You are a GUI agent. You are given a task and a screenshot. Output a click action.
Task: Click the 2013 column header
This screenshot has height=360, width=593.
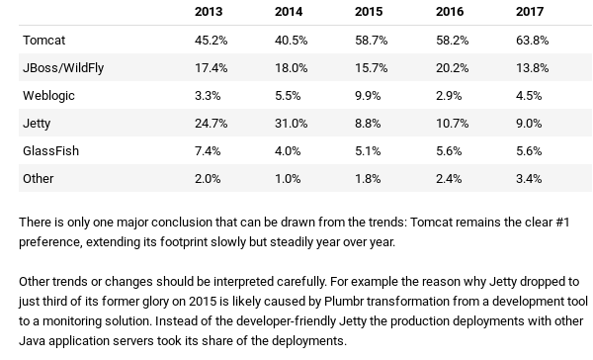pyautogui.click(x=209, y=12)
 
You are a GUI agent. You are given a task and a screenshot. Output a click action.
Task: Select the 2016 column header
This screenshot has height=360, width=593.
pyautogui.click(x=450, y=12)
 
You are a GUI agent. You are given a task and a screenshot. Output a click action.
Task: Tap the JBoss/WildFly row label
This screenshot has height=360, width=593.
pyautogui.click(x=63, y=68)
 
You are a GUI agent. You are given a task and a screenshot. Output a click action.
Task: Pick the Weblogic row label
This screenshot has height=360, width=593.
pyautogui.click(x=48, y=96)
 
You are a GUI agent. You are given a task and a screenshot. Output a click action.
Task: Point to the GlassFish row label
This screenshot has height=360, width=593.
pyautogui.click(x=50, y=151)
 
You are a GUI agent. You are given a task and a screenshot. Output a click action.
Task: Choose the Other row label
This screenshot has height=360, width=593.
pyautogui.click(x=39, y=179)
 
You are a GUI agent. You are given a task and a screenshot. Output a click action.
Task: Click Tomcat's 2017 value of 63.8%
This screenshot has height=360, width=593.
pyautogui.click(x=532, y=41)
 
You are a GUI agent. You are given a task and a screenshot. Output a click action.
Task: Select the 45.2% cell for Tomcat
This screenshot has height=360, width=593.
pyautogui.click(x=212, y=41)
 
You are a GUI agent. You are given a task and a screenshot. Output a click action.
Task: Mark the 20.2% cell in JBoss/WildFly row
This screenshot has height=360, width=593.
pyautogui.click(x=452, y=68)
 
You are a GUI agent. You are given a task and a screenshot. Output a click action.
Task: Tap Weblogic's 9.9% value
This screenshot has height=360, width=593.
pyautogui.click(x=368, y=96)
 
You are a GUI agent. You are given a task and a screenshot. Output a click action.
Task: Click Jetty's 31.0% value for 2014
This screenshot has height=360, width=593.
pyautogui.click(x=292, y=124)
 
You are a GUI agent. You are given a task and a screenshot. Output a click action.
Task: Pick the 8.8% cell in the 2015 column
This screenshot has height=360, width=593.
pyautogui.click(x=368, y=124)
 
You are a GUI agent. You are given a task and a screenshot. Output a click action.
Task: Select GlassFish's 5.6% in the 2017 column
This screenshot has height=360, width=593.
pyautogui.click(x=529, y=151)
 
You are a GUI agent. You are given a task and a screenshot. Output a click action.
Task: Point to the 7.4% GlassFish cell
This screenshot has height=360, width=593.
pyautogui.click(x=208, y=151)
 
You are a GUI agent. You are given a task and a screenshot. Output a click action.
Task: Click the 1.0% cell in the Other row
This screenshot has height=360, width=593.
pyautogui.click(x=288, y=179)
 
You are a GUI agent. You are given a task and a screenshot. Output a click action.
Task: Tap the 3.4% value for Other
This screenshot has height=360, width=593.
pyautogui.click(x=529, y=179)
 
